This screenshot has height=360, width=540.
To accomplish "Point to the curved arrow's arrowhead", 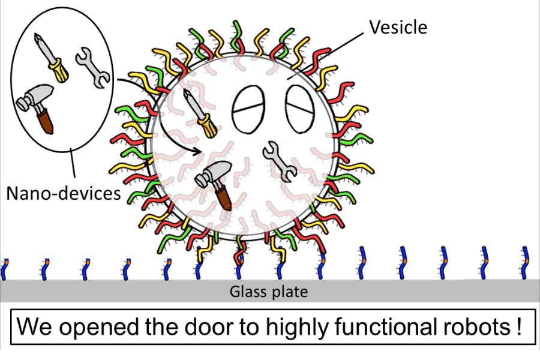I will click(197, 152).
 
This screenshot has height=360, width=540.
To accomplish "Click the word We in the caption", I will click(32, 328).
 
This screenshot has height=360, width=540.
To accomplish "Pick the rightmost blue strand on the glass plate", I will click(526, 262).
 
